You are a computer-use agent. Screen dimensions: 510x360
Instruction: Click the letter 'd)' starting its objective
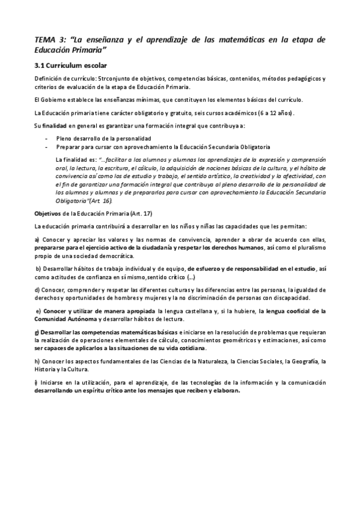37,289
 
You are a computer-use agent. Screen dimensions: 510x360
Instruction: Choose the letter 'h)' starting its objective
37,361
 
